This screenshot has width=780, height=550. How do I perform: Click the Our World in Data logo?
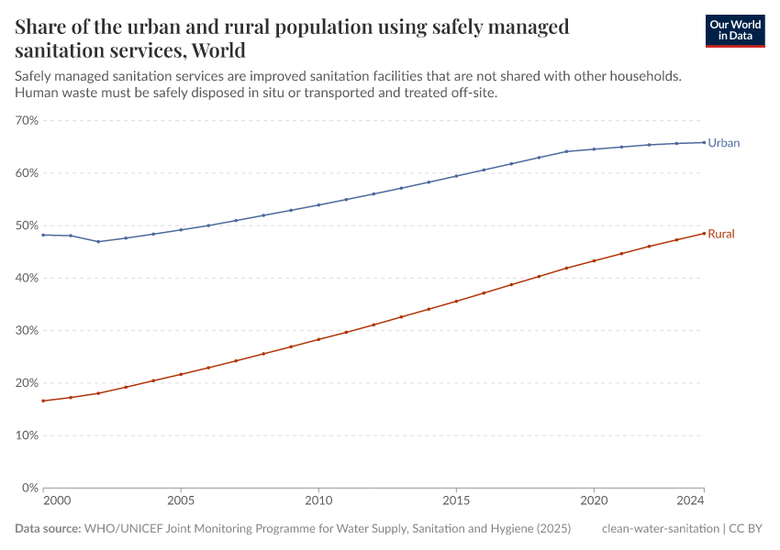pyautogui.click(x=734, y=30)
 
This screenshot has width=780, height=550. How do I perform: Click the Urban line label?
pyautogui.click(x=723, y=143)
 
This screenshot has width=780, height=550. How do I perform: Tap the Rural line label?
pyautogui.click(x=720, y=234)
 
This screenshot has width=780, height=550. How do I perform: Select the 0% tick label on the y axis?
pyautogui.click(x=30, y=488)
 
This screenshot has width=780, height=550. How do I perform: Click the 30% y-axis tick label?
pyautogui.click(x=27, y=331)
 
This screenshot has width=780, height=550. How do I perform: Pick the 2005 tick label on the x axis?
pyautogui.click(x=181, y=501)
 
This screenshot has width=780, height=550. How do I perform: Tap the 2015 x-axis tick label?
pyautogui.click(x=456, y=501)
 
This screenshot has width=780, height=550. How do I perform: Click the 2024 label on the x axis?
pyautogui.click(x=690, y=501)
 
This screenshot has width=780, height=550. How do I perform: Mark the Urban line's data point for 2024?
pyautogui.click(x=704, y=142)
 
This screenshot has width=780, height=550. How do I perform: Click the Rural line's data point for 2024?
pyautogui.click(x=704, y=233)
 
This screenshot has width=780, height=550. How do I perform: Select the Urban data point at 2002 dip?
pyautogui.click(x=98, y=242)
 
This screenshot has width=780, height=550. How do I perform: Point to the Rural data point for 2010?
pyautogui.click(x=318, y=339)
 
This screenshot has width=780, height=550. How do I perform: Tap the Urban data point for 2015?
pyautogui.click(x=456, y=176)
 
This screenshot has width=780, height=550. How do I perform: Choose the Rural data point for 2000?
pyautogui.click(x=43, y=401)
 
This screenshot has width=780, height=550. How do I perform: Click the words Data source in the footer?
pyautogui.click(x=48, y=529)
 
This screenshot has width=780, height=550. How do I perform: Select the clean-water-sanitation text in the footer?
pyautogui.click(x=661, y=529)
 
